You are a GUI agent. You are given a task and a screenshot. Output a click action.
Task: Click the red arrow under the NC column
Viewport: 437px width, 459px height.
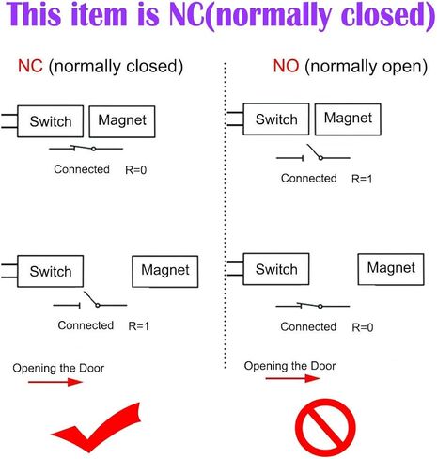tap(55, 382)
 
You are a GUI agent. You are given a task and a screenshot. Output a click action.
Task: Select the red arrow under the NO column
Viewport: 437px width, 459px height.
tap(292, 378)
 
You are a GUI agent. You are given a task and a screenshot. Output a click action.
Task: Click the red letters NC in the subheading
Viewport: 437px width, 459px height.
tap(30, 66)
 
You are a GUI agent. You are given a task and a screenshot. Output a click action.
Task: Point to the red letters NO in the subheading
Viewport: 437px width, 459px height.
tap(286, 66)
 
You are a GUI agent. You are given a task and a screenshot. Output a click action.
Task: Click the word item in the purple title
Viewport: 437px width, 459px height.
tap(99, 15)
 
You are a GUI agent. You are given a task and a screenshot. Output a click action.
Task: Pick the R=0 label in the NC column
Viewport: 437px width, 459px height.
tap(136, 170)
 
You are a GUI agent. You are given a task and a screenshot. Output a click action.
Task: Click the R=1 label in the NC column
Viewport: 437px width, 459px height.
tap(139, 326)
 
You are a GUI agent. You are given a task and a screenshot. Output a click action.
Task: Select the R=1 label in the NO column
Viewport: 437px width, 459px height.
tap(362, 179)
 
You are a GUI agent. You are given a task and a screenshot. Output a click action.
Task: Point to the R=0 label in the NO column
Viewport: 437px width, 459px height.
tap(363, 327)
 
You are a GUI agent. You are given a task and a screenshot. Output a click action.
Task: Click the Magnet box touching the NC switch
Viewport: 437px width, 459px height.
tap(122, 121)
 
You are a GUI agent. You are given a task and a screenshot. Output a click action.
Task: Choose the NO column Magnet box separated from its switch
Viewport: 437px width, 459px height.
tap(391, 269)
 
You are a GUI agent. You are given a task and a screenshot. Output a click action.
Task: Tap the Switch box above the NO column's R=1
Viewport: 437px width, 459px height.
tap(276, 119)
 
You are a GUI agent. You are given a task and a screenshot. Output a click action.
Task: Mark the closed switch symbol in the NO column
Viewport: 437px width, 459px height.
tap(313, 306)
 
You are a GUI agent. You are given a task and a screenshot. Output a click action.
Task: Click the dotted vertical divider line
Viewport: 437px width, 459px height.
tap(225, 215)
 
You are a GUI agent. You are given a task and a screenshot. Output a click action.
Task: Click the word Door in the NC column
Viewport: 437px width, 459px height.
tap(91, 368)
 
